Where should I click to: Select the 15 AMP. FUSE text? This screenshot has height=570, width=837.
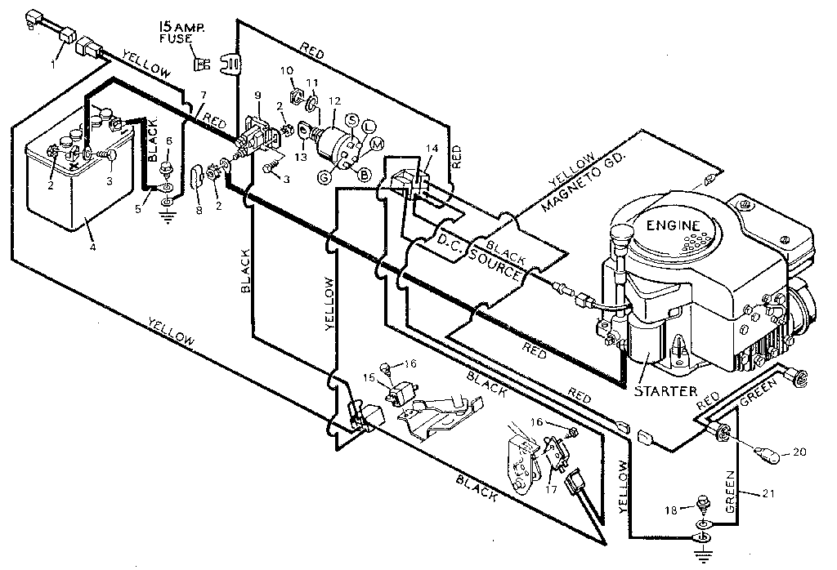[183, 38]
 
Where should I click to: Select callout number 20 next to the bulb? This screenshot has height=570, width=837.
[799, 451]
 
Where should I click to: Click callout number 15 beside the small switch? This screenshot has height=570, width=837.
[369, 377]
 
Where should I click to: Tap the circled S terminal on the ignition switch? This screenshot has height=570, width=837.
[352, 120]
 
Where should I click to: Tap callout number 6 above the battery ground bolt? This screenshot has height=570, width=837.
[169, 140]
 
